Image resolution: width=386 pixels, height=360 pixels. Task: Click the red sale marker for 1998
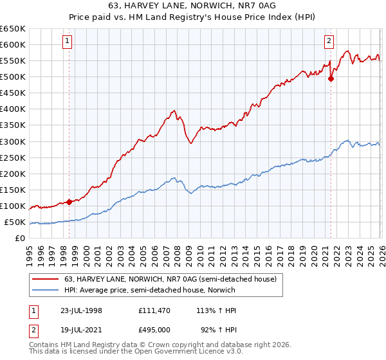(69, 202)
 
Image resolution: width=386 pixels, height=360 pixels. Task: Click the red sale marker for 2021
(331, 79)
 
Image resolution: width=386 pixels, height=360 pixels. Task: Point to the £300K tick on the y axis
(13, 141)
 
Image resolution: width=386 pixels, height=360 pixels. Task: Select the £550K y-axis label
(13, 61)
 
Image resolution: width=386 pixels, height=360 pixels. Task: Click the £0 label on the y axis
(19, 239)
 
